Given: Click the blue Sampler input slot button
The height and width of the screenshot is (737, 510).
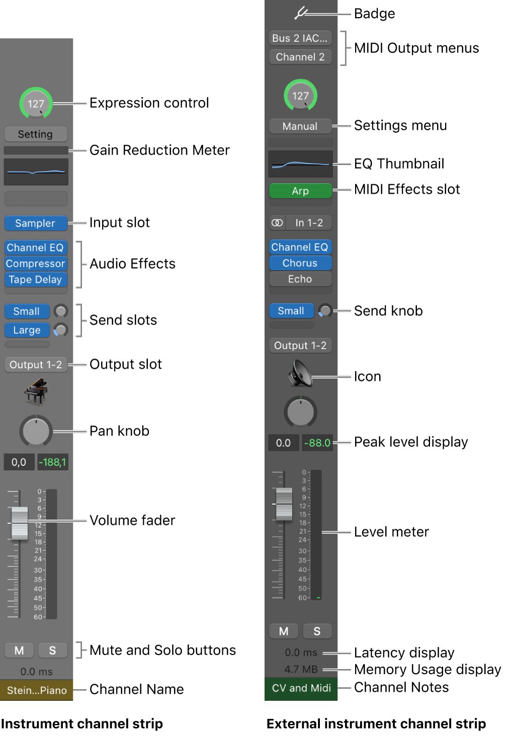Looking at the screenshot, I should coord(35,223).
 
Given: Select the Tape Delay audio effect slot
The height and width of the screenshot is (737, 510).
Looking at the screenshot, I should coord(35,280).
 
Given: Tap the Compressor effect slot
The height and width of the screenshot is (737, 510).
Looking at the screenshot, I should coord(35,263).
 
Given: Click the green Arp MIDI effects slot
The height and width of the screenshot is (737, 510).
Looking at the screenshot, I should coord(300,191).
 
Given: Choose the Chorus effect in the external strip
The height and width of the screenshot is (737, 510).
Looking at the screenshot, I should coord(300,263).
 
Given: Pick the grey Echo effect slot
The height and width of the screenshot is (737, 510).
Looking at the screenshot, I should coord(300,279).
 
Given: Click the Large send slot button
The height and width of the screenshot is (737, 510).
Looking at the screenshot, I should coord(27,330).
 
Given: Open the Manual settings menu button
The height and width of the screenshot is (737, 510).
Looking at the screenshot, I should coord(300,126).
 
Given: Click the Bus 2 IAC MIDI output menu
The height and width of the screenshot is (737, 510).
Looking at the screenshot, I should coord(300,38).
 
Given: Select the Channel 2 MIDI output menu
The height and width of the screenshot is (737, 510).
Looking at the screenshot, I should coord(300,57).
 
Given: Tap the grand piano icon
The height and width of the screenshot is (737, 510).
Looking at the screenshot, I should coord(36,392).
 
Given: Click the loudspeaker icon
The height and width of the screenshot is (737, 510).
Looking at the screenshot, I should coord(300,375).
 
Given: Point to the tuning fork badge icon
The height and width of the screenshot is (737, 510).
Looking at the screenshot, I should coord(301,13).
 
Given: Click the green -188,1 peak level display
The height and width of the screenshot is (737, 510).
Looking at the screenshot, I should coord(52,462).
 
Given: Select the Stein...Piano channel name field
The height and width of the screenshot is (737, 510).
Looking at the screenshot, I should coord(37,690).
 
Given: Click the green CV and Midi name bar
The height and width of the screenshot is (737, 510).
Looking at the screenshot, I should coord(301,688).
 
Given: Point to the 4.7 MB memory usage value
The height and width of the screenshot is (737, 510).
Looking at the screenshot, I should coord(301,669).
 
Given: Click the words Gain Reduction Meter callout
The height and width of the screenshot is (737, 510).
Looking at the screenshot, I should coord(159,150).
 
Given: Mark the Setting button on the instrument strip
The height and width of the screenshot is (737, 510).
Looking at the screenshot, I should coord(35,134).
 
